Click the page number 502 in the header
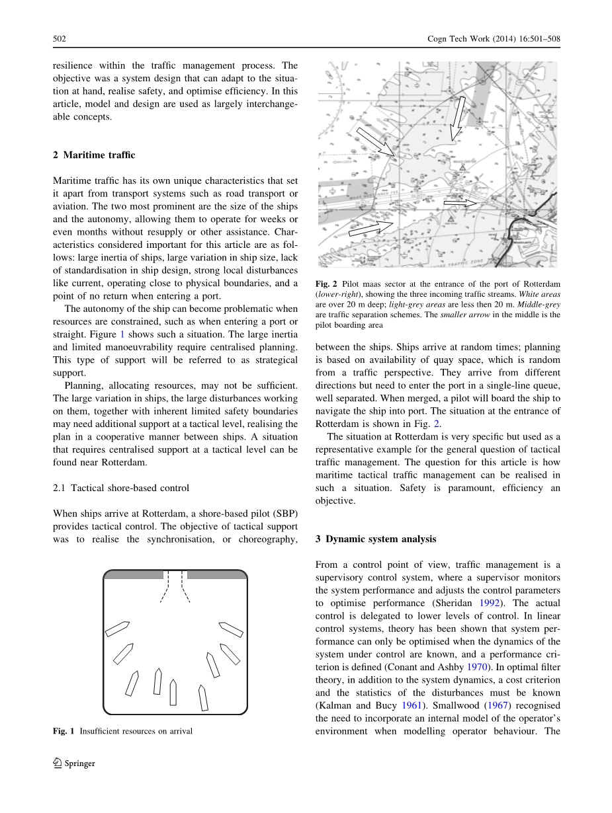[60, 39]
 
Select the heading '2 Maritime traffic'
[94, 155]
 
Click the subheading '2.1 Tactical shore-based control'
[121, 488]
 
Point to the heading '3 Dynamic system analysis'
[376, 539]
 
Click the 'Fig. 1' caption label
[64, 731]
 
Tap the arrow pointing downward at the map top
[457, 120]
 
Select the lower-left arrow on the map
[371, 228]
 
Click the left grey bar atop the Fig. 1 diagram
[134, 574]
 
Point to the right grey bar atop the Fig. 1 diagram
[216, 574]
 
